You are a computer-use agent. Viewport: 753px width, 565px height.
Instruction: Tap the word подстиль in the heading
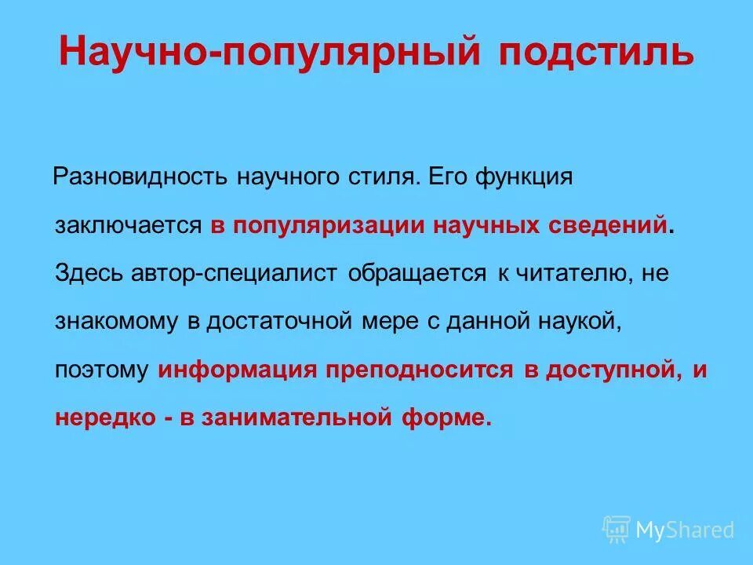tap(596, 53)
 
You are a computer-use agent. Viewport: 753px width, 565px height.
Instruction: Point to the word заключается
tap(129, 226)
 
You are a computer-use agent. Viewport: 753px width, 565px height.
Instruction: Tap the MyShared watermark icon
tap(617, 530)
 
